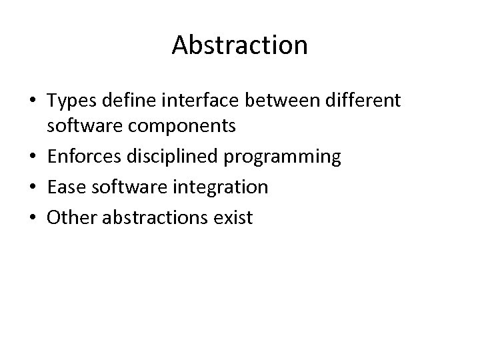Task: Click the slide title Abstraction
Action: pyautogui.click(x=239, y=45)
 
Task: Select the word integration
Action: pyautogui.click(x=222, y=188)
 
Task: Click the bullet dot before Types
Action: pyautogui.click(x=33, y=101)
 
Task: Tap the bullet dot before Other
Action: pyautogui.click(x=33, y=217)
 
